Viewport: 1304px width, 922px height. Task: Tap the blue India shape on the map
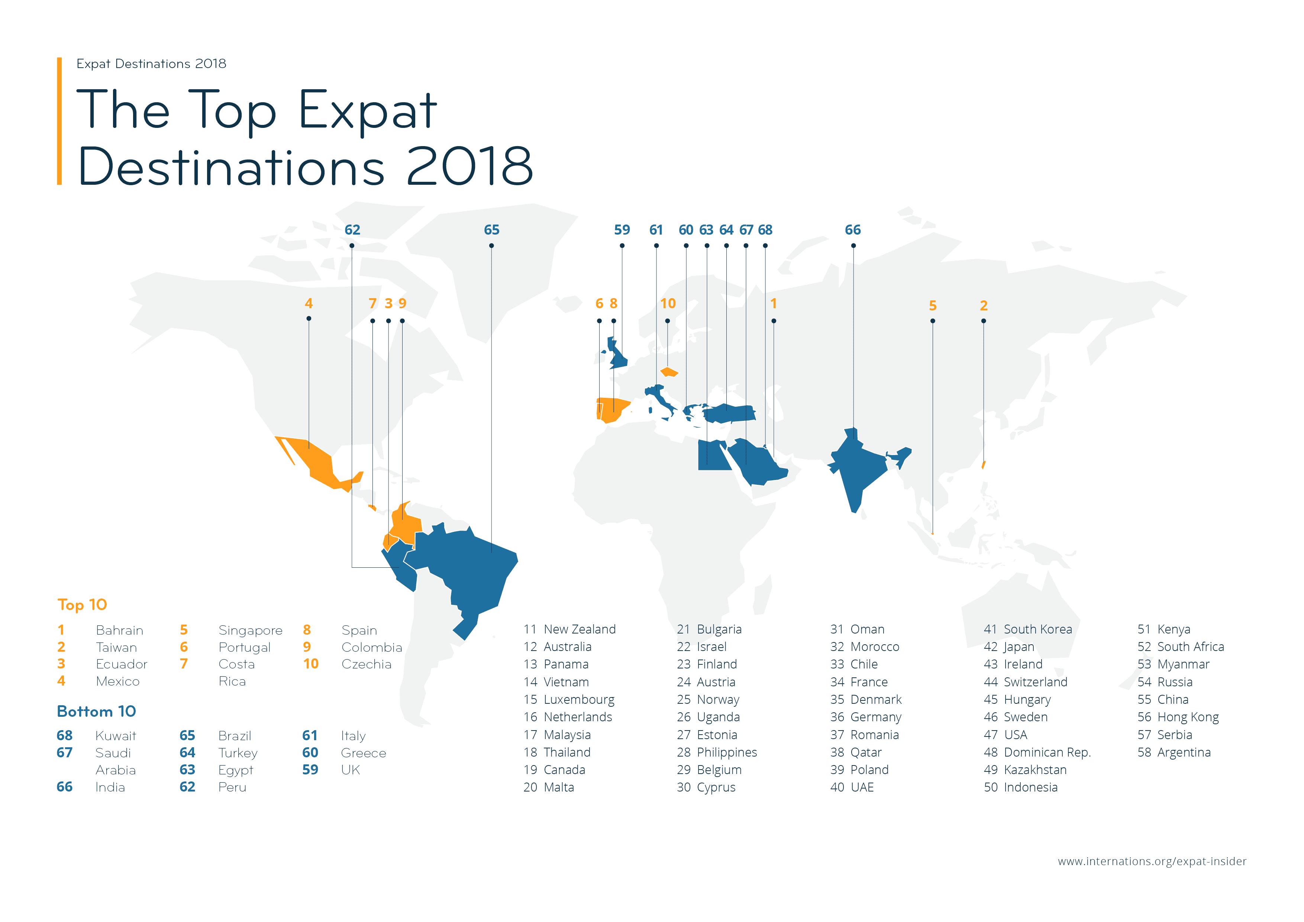(858, 466)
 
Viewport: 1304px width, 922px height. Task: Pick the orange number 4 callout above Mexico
(309, 303)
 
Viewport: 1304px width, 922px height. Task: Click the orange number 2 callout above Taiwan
(984, 306)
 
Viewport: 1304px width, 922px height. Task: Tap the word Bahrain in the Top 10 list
(119, 630)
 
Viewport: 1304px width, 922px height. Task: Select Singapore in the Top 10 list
(250, 630)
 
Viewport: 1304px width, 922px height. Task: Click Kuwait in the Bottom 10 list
(116, 736)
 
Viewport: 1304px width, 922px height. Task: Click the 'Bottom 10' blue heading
(97, 711)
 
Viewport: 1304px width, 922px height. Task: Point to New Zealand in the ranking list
(579, 629)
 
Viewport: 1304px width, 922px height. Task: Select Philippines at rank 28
(726, 752)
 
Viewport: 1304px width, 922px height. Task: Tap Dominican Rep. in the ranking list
(1047, 752)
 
